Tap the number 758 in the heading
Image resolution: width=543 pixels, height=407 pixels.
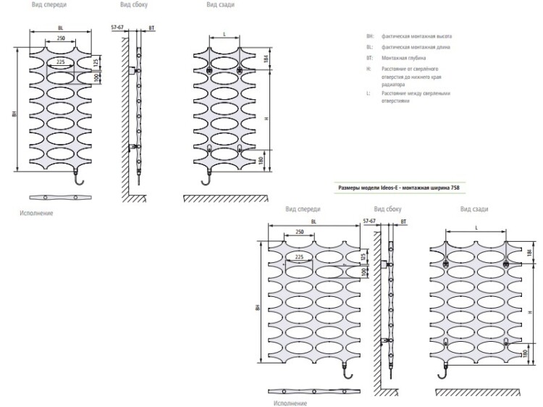click(x=454, y=188)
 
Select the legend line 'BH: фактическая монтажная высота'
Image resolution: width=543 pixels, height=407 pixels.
click(x=409, y=35)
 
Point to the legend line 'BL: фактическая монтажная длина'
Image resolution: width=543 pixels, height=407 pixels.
click(x=408, y=46)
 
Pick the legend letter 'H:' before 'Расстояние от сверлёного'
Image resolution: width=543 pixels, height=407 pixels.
click(x=369, y=69)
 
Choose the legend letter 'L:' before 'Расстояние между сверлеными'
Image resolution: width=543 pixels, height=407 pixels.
click(x=369, y=93)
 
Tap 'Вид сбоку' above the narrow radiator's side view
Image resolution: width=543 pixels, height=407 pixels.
click(x=134, y=4)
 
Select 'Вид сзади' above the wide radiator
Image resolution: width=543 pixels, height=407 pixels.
click(x=474, y=209)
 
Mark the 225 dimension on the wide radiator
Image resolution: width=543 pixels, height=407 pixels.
click(x=299, y=257)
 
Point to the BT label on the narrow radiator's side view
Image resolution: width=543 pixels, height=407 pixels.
click(x=151, y=28)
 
